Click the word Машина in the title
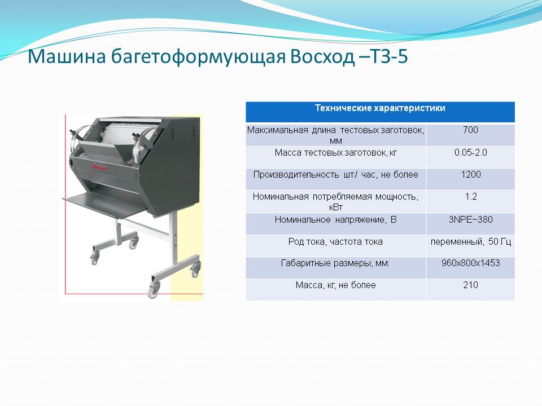pyautogui.click(x=67, y=56)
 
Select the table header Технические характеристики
pyautogui.click(x=380, y=108)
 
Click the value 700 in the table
pyautogui.click(x=470, y=130)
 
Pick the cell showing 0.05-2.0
pyautogui.click(x=470, y=153)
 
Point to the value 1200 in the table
pyautogui.click(x=470, y=174)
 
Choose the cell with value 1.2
pyautogui.click(x=470, y=196)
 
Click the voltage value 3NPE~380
pyautogui.click(x=470, y=219)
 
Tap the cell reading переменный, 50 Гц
pyautogui.click(x=470, y=242)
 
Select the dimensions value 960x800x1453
pyautogui.click(x=470, y=263)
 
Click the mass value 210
pyautogui.click(x=470, y=285)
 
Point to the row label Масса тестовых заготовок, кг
pyautogui.click(x=335, y=153)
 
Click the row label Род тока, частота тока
pyautogui.click(x=335, y=242)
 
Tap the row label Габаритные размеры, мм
pyautogui.click(x=335, y=263)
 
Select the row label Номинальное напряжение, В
pyautogui.click(x=335, y=219)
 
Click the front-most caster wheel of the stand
pyautogui.click(x=153, y=290)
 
